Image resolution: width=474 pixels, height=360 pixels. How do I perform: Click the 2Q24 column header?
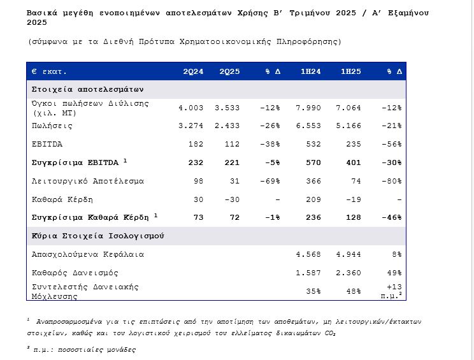[193, 71]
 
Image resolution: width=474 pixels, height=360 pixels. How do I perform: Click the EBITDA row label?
[47, 144]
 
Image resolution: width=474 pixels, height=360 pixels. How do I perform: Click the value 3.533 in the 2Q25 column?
[227, 108]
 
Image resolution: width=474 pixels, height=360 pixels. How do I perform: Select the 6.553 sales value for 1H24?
[310, 126]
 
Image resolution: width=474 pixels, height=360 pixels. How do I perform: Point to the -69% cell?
[269, 181]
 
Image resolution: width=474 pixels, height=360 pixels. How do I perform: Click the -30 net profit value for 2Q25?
[231, 199]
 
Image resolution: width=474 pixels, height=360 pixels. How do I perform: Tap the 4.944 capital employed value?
[348, 254]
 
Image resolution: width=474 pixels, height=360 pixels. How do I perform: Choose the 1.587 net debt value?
[309, 273]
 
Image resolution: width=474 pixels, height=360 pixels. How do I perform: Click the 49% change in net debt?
[394, 273]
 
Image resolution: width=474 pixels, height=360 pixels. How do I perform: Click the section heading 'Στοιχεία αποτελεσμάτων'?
[88, 89]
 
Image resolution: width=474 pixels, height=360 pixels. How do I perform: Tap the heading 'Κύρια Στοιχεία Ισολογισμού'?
[98, 236]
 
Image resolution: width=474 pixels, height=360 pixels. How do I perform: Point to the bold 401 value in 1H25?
[354, 162]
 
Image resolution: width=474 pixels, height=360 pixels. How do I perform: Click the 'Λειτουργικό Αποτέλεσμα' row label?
[88, 181]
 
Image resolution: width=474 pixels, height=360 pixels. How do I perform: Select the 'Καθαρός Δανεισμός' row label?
[75, 273]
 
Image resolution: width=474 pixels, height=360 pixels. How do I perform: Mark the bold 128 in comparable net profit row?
[354, 217]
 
